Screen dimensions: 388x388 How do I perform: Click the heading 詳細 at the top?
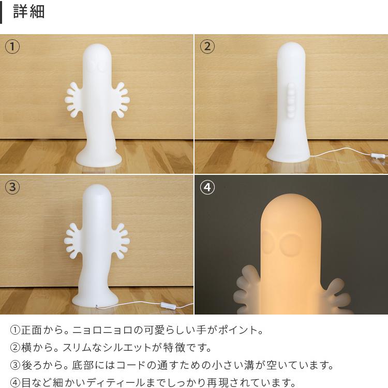click(29, 12)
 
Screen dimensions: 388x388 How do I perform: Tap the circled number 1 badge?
click(12, 47)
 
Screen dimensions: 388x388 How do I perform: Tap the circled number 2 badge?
click(207, 47)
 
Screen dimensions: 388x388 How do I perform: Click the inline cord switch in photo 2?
click(379, 155)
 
